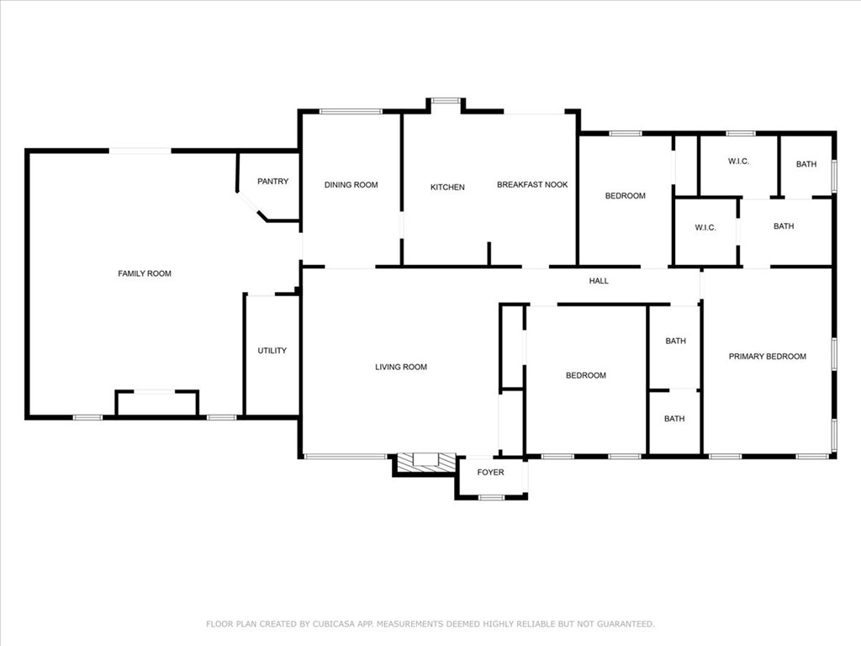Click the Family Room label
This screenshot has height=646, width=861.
pyautogui.click(x=145, y=273)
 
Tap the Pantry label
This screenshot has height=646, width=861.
pyautogui.click(x=272, y=181)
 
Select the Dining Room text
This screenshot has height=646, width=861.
pyautogui.click(x=351, y=185)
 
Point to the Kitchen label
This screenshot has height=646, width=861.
pyautogui.click(x=447, y=187)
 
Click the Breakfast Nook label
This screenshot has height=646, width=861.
pyautogui.click(x=532, y=185)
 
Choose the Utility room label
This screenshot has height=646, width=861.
pyautogui.click(x=272, y=351)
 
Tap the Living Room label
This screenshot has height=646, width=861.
pyautogui.click(x=401, y=367)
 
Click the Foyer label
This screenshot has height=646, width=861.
pyautogui.click(x=490, y=473)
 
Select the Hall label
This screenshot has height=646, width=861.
pyautogui.click(x=599, y=281)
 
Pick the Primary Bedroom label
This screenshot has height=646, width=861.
pyautogui.click(x=767, y=357)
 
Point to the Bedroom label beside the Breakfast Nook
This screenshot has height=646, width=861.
pyautogui.click(x=626, y=196)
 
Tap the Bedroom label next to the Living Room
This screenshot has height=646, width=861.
pyautogui.click(x=585, y=375)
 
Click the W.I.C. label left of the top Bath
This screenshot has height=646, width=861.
pyautogui.click(x=738, y=161)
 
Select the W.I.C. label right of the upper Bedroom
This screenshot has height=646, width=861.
pyautogui.click(x=705, y=228)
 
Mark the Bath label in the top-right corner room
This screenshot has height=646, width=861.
pyautogui.click(x=806, y=164)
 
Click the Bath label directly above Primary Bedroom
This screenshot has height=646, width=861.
pyautogui.click(x=784, y=226)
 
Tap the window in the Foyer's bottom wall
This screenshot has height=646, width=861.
pyautogui.click(x=491, y=497)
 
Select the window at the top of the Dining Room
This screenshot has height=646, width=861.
pyautogui.click(x=351, y=111)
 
